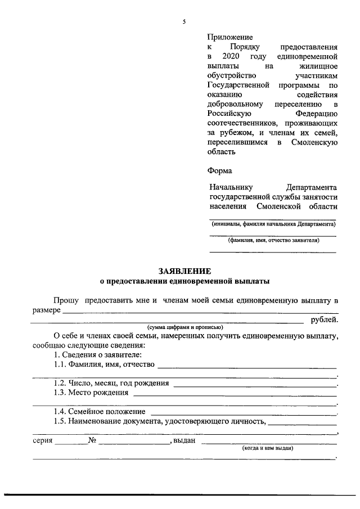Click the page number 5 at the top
tap(184, 22)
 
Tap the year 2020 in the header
tap(231, 57)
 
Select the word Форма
tap(220, 170)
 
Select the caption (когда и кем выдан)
tap(268, 448)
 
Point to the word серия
tap(42, 440)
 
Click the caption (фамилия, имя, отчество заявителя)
tap(273, 240)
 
